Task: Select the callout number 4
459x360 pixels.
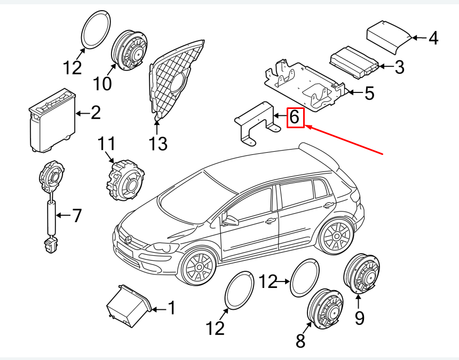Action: click(433, 38)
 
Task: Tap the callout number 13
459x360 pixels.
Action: click(158, 143)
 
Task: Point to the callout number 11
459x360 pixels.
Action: click(106, 144)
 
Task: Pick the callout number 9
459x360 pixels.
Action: click(359, 318)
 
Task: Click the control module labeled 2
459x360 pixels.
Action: click(52, 119)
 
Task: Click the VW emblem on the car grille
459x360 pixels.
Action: click(129, 240)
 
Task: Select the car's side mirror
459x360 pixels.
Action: click(230, 220)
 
